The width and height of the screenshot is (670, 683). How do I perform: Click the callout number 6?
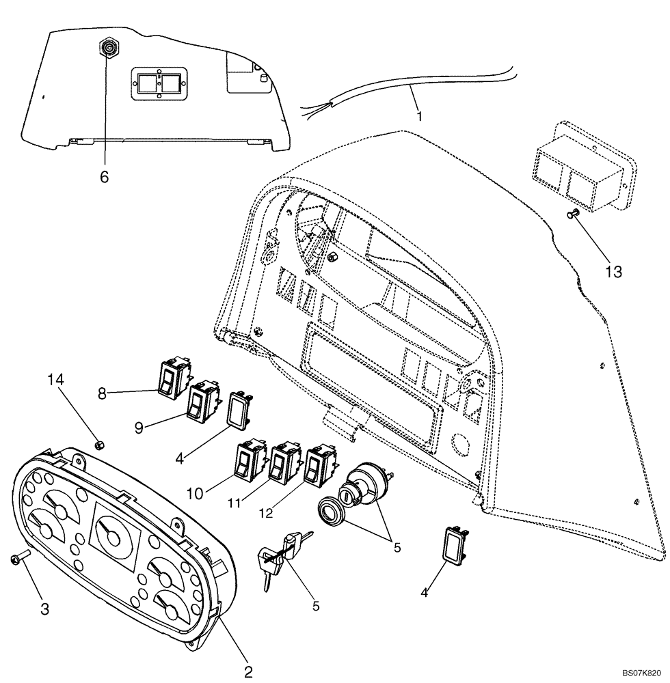(104, 177)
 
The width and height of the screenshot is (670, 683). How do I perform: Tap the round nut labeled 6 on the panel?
(108, 48)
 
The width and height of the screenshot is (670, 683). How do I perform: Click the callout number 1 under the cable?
(418, 115)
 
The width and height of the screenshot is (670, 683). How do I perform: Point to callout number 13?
(613, 272)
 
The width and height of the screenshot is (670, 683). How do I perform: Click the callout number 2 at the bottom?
(249, 671)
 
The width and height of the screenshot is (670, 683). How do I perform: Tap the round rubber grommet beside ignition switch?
(334, 513)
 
